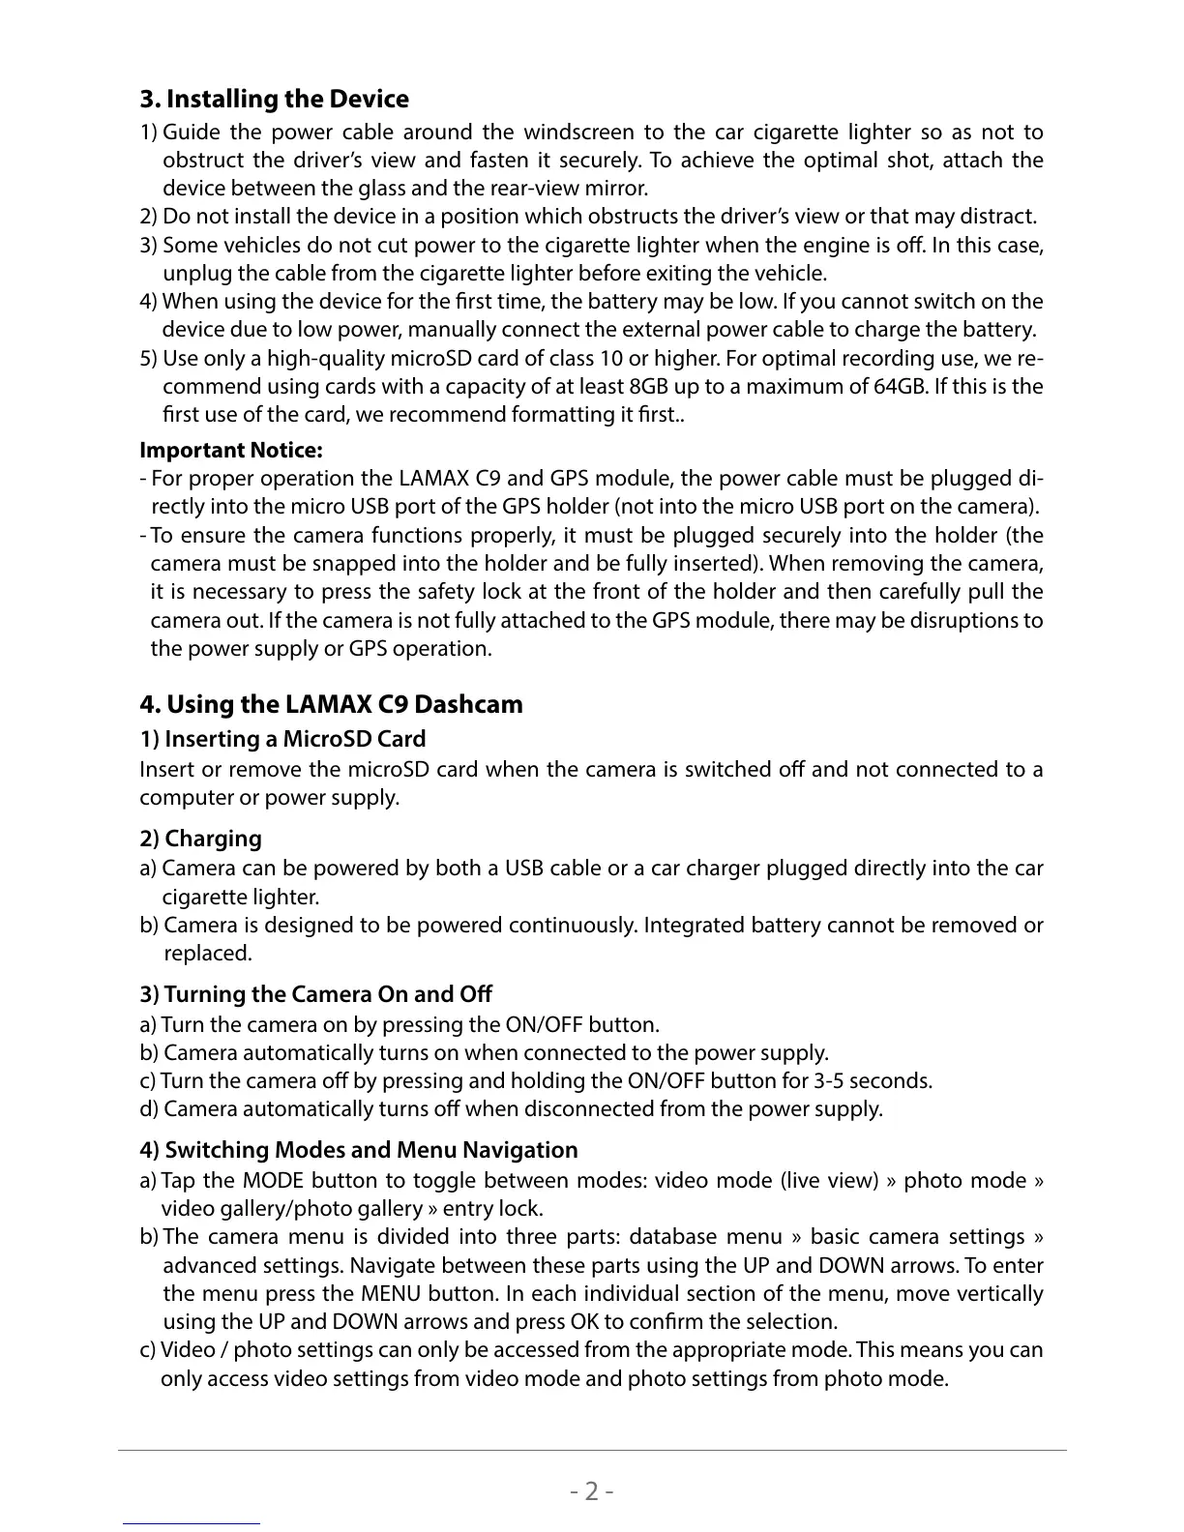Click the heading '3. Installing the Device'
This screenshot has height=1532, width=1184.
click(274, 100)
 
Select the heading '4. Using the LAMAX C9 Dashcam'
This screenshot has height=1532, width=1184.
click(331, 704)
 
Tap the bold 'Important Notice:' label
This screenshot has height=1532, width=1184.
click(231, 451)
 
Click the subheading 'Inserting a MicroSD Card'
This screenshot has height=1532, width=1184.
click(294, 740)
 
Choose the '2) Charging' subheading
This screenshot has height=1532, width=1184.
click(200, 839)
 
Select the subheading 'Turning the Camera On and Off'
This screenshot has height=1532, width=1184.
click(327, 995)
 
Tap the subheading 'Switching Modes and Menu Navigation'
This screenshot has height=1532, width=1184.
click(370, 1151)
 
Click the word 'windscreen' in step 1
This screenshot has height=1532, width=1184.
click(578, 133)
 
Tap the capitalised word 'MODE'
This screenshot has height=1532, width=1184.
click(274, 1181)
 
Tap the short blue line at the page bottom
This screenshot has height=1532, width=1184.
click(192, 1523)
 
